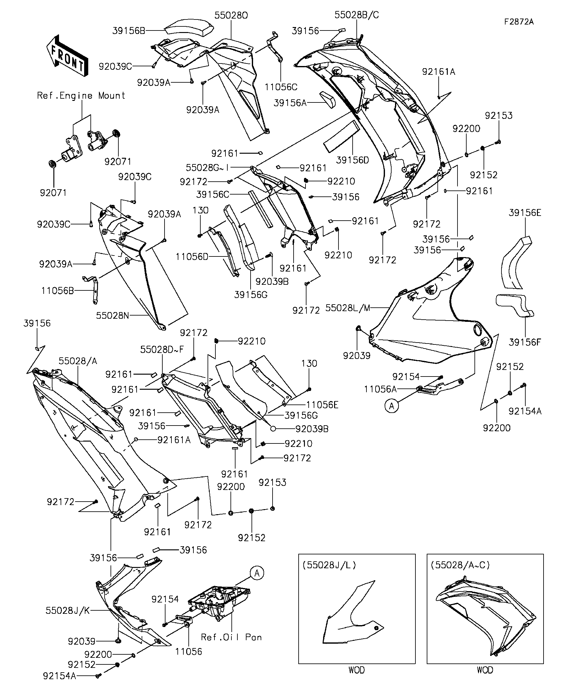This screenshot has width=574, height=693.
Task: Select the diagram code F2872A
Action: (x=519, y=22)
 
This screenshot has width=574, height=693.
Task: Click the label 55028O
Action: (x=231, y=15)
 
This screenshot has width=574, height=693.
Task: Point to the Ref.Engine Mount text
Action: (x=81, y=96)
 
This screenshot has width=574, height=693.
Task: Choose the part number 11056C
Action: (x=281, y=87)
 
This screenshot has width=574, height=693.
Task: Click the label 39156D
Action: (x=352, y=160)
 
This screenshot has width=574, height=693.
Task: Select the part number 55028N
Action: (x=112, y=316)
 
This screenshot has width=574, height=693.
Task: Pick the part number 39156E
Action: (x=525, y=213)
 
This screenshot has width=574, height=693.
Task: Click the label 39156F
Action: (x=525, y=342)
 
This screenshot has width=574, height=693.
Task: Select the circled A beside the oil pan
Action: (x=257, y=573)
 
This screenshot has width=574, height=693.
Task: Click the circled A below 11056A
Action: (x=391, y=406)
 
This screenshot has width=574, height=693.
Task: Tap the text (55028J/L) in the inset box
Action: (x=329, y=565)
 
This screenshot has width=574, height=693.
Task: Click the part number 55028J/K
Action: (x=68, y=610)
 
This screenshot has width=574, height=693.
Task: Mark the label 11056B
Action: (x=58, y=291)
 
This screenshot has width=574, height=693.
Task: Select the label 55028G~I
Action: (x=207, y=168)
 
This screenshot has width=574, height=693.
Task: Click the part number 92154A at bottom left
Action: (x=60, y=676)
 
